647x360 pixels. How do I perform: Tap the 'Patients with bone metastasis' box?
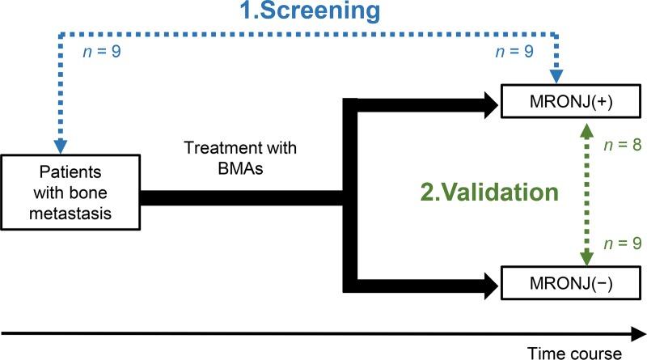click(x=70, y=194)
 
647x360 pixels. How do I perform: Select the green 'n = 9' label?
click(x=618, y=242)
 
